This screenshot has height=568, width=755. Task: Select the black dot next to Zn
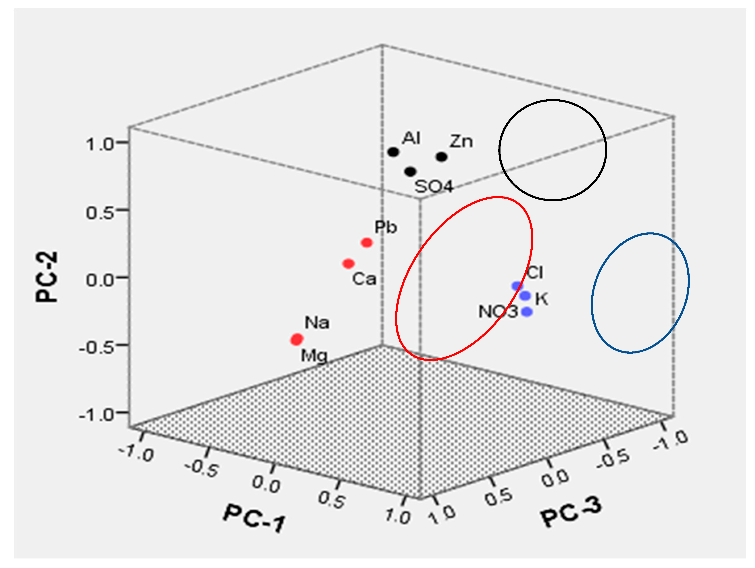tap(442, 157)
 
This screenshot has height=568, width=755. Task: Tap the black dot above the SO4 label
tap(410, 171)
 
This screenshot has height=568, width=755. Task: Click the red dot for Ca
tap(348, 263)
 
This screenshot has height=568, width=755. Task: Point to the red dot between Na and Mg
tap(297, 339)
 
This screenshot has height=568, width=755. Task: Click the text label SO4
tap(434, 187)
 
